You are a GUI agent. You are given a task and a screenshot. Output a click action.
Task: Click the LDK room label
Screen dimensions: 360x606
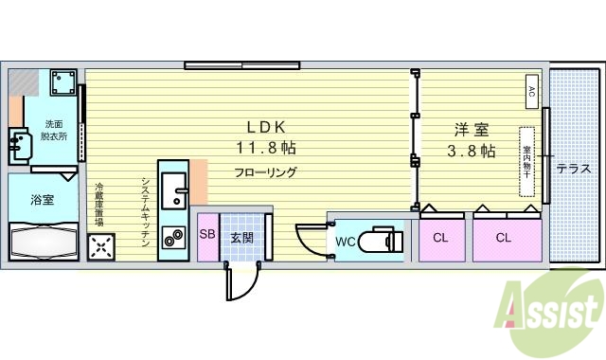(x=268, y=128)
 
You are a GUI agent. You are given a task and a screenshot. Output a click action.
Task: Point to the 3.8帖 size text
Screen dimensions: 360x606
(x=472, y=152)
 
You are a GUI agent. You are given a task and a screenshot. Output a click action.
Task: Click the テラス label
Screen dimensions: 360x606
(x=574, y=169)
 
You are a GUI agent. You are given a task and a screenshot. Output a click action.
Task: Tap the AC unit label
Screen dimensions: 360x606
(x=531, y=93)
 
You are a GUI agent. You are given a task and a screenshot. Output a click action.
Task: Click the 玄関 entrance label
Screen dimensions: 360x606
(x=241, y=238)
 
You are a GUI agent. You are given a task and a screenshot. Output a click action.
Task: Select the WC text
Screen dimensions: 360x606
(x=346, y=242)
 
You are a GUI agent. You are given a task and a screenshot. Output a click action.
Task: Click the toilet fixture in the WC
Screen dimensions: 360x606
(x=384, y=240)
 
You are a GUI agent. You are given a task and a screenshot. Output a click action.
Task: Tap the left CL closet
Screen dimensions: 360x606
(x=440, y=238)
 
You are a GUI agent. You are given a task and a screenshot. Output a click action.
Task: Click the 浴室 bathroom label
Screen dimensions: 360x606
(x=42, y=200)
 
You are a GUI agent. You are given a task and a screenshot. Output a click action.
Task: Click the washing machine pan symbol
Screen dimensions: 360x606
(x=64, y=82)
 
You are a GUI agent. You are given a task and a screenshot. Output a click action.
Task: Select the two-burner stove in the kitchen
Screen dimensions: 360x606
(x=173, y=238)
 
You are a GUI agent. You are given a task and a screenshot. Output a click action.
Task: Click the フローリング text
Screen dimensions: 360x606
(x=266, y=172)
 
